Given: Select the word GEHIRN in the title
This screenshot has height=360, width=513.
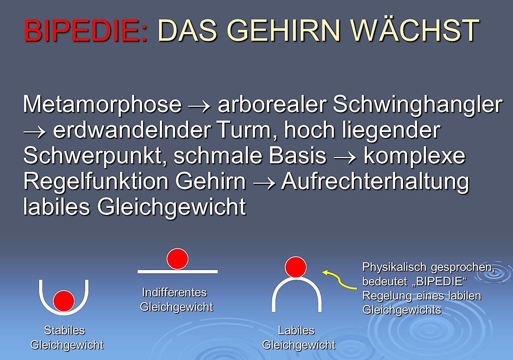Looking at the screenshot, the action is tap(284, 30).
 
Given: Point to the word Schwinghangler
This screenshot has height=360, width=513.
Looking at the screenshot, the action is tap(417, 105).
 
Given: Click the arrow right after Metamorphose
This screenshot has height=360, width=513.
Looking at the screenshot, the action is tap(199, 107).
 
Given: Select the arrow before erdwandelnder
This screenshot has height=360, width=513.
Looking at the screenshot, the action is tap(34, 132).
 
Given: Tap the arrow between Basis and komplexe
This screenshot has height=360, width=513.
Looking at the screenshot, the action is tap(345, 158).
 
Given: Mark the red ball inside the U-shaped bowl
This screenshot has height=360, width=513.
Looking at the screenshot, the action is tap(64, 301).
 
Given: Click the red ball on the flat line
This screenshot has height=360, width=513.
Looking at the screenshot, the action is tap(177, 259).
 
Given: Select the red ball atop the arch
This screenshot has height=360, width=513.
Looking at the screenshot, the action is tap(296, 267).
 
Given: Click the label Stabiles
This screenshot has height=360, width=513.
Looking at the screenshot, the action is tap(64, 331).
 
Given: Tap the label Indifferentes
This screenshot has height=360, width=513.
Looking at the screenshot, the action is tap(174, 293).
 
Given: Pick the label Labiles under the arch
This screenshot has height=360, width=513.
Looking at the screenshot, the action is tap(296, 331).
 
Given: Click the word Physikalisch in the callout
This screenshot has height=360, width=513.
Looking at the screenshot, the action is tap(394, 267).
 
